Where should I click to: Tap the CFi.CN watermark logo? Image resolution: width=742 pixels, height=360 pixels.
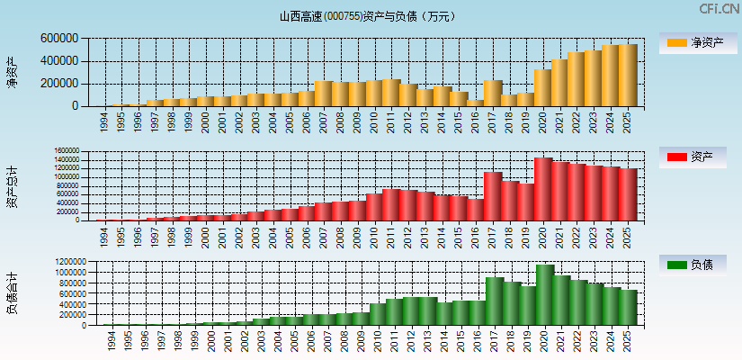coord(720,9)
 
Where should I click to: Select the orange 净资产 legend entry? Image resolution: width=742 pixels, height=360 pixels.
coord(698,42)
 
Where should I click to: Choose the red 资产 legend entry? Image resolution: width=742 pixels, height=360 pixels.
coord(698,157)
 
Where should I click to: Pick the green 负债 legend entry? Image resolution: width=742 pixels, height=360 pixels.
coord(698,265)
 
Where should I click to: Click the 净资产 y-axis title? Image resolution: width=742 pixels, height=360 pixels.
coord(12,72)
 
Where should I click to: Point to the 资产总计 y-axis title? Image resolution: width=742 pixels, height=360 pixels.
coord(12,187)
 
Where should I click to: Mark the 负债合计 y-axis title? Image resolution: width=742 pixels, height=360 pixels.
coord(12,293)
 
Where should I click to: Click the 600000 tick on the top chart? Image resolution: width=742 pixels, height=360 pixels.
coord(59,39)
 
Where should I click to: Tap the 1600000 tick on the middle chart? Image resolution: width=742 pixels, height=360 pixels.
coord(67,151)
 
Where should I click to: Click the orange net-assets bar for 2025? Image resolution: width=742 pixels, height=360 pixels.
coord(627,76)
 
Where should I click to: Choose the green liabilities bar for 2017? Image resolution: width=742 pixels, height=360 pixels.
coord(495,301)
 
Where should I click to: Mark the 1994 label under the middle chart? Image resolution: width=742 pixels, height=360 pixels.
coord(103,236)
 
